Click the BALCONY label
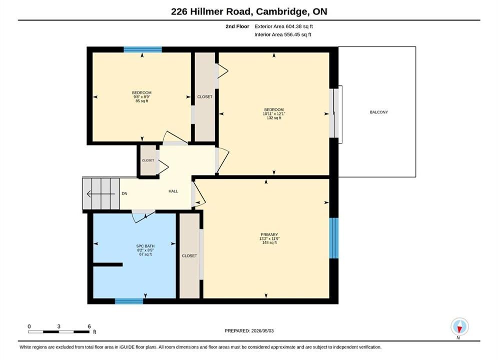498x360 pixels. pyautogui.click(x=378, y=112)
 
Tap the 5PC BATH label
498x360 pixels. pyautogui.click(x=146, y=246)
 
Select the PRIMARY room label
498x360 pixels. pyautogui.click(x=269, y=234)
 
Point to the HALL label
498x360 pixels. pyautogui.click(x=173, y=191)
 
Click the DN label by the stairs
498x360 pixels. pyautogui.click(x=125, y=193)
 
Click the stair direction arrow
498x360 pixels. pyautogui.click(x=101, y=193)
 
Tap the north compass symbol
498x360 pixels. pyautogui.click(x=459, y=326)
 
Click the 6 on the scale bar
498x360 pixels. pyautogui.click(x=89, y=326)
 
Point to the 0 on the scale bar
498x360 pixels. pyautogui.click(x=29, y=326)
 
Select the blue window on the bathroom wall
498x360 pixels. pyautogui.click(x=129, y=301)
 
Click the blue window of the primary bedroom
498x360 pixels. pyautogui.click(x=334, y=238)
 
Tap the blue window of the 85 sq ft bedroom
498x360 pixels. pyautogui.click(x=143, y=49)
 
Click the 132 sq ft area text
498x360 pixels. pyautogui.click(x=274, y=118)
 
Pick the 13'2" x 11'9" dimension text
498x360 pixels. pyautogui.click(x=269, y=239)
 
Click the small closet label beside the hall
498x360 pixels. pyautogui.click(x=148, y=160)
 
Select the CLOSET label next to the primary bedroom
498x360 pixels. pyautogui.click(x=189, y=255)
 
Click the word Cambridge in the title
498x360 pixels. pyautogui.click(x=282, y=11)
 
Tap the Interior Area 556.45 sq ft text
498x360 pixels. pyautogui.click(x=283, y=34)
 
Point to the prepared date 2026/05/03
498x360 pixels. pyautogui.click(x=262, y=331)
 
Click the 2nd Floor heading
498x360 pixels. pyautogui.click(x=237, y=26)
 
